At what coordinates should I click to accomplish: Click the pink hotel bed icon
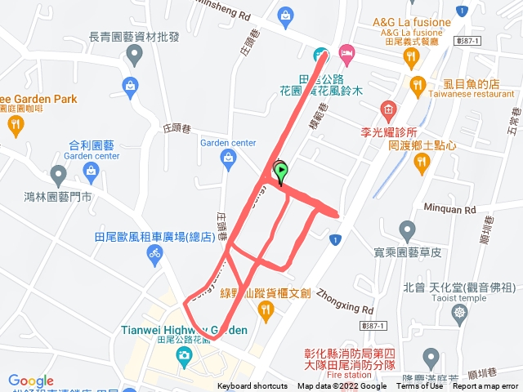pos(346,53)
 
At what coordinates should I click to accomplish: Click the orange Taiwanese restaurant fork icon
pos(418,83)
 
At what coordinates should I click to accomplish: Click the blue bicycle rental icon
pos(154,254)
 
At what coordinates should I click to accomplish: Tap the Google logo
pos(31,381)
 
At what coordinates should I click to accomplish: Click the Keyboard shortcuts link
pos(253,386)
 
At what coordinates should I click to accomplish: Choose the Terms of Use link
pos(420,386)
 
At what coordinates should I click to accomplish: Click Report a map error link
pos(486,386)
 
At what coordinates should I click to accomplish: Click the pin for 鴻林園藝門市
pos(58,174)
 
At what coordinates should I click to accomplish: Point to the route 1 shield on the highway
pos(333,238)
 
